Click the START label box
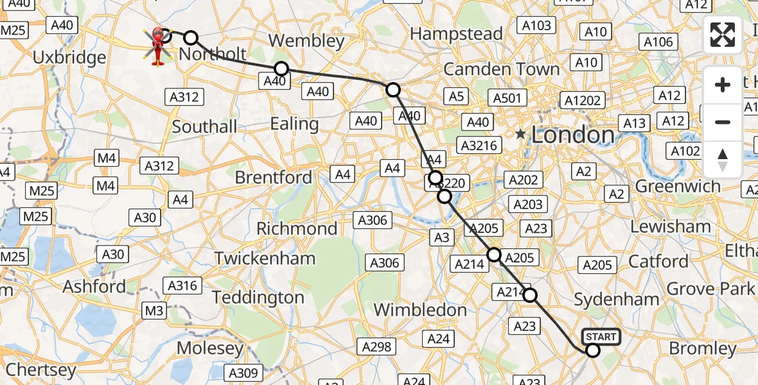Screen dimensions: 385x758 [601, 336]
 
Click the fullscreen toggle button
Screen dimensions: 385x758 [723, 35]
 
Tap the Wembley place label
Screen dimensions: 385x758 [306, 40]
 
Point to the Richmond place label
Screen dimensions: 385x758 [297, 228]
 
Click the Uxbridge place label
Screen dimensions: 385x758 [69, 58]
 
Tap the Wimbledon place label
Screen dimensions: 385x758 [420, 310]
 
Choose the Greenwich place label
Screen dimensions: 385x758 [678, 186]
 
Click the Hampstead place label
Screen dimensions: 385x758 [456, 33]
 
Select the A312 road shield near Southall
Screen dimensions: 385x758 [185, 97]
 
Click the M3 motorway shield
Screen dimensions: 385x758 [154, 311]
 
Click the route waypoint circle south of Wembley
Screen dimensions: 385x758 [281, 69]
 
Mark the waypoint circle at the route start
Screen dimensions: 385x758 [592, 350]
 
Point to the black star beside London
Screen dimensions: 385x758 [520, 135]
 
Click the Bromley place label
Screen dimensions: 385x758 [703, 348]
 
